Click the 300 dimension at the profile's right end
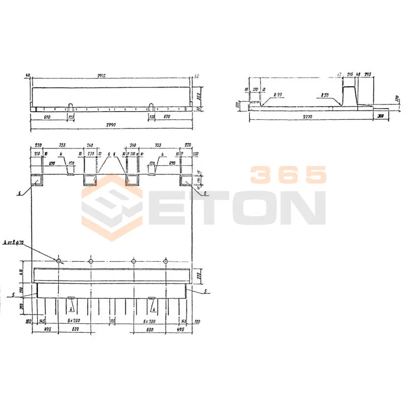381,117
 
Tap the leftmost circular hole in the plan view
59,261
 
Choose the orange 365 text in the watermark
288,175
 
